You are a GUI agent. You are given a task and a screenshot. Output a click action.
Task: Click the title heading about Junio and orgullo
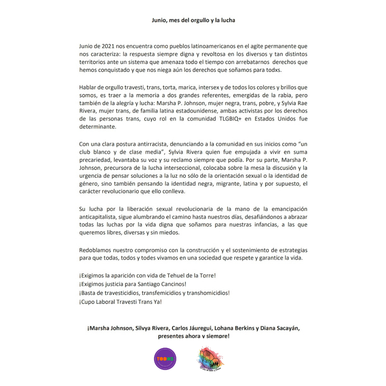point(193,20)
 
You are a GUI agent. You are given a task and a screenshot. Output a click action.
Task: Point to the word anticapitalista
point(100,217)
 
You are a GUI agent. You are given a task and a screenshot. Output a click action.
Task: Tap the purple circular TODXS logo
point(165,359)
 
